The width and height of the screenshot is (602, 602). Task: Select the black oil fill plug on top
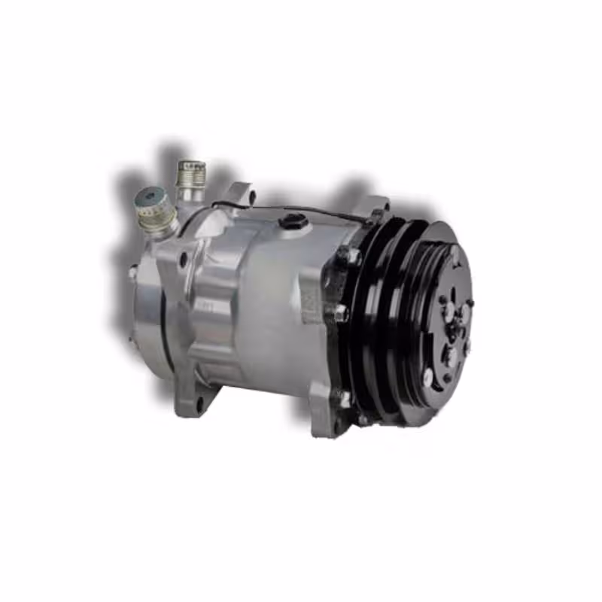coord(293,221)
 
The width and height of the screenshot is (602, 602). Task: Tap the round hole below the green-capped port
coord(183,260)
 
